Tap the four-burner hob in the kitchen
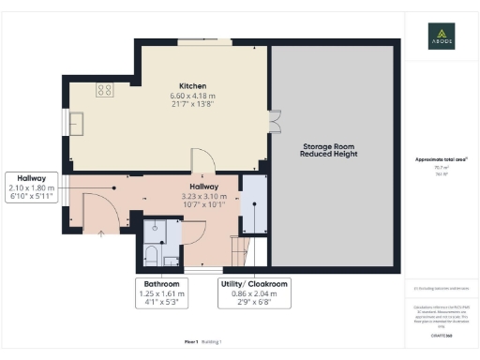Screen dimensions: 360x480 coord(104,91)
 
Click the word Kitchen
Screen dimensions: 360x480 coord(192,85)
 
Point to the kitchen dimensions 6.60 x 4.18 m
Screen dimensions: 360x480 coord(192,96)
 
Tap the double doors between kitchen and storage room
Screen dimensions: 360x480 coord(273,122)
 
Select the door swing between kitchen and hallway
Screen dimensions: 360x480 coord(200,160)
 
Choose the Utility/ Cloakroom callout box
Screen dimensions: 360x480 coord(254,292)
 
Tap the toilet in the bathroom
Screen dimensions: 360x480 coord(150,253)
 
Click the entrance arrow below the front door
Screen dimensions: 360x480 coord(101,233)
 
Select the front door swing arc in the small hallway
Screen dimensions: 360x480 coord(98,210)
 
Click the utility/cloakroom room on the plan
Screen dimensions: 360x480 coord(253,202)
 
